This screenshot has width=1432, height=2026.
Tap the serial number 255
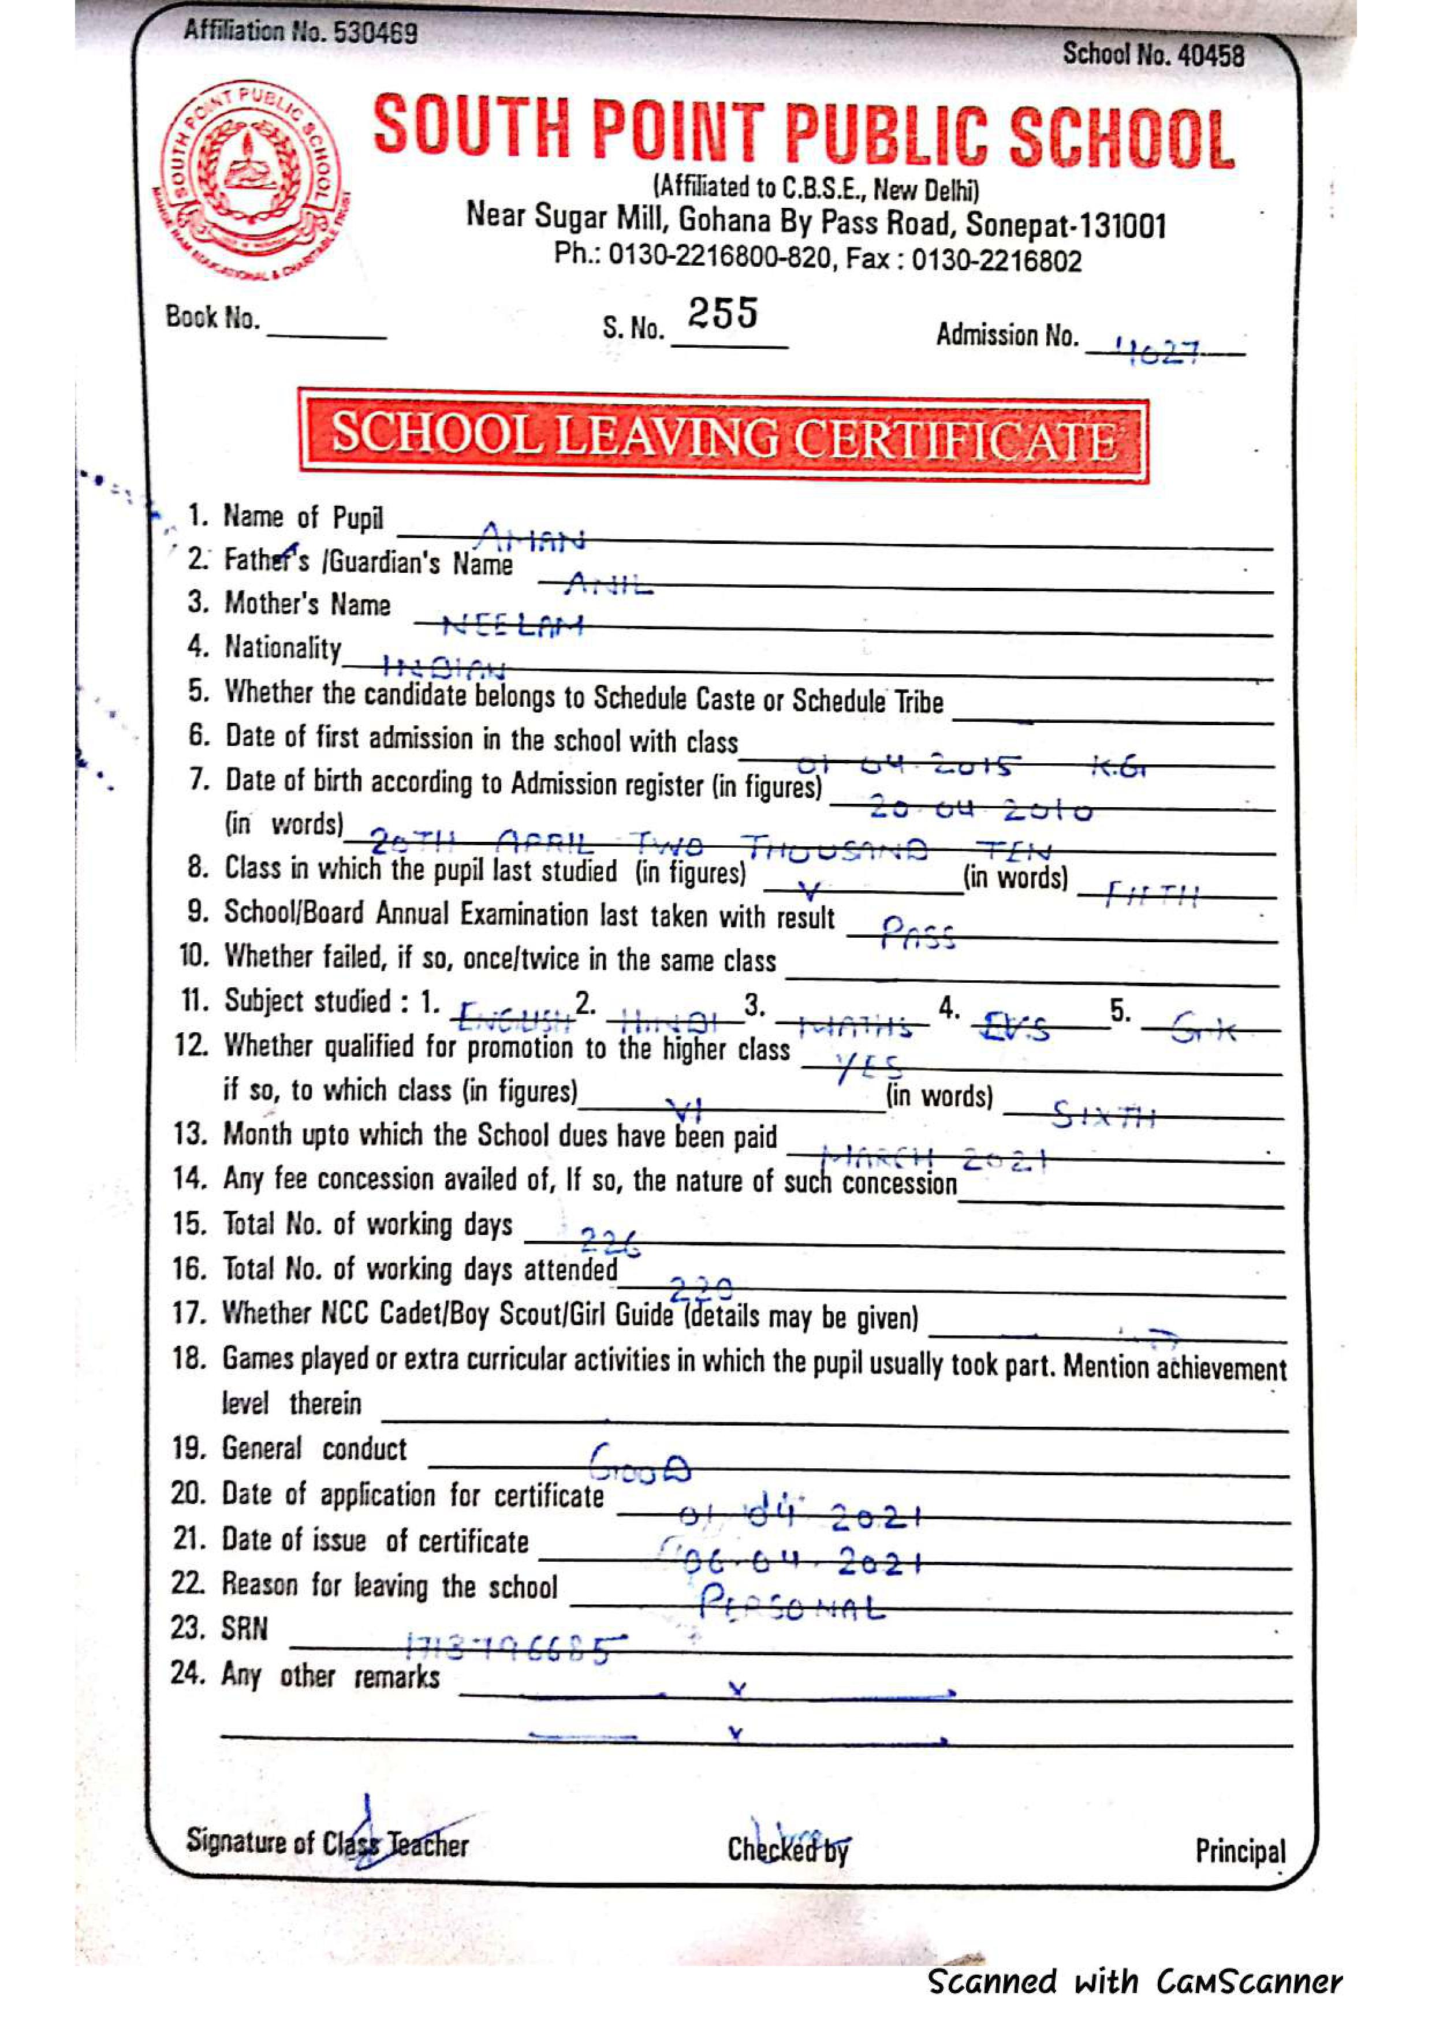(x=722, y=314)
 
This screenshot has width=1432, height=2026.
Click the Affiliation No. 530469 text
(x=300, y=33)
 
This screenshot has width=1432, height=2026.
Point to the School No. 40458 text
(x=1153, y=55)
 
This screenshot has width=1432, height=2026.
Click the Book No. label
(x=212, y=317)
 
